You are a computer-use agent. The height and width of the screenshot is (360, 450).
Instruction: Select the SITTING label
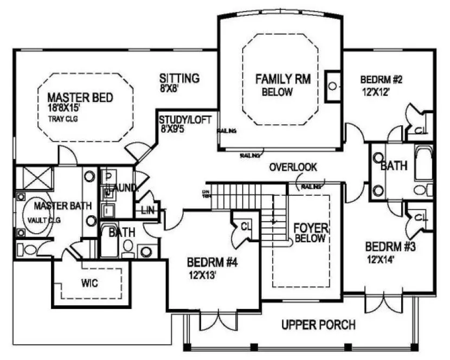[179, 78]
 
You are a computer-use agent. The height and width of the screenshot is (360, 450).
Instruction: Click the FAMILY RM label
[282, 80]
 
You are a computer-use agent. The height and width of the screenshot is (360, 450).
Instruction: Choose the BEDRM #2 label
[382, 80]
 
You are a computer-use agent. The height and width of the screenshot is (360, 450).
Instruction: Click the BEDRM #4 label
[213, 263]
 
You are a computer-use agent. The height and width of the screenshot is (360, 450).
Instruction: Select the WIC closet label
[89, 283]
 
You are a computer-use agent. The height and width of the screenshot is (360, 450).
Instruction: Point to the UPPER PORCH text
[318, 325]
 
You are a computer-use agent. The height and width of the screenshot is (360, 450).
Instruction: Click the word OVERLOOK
[293, 167]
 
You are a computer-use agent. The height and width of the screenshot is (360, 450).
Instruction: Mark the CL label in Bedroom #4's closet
[245, 225]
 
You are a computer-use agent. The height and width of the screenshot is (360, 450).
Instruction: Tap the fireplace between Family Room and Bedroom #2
[332, 86]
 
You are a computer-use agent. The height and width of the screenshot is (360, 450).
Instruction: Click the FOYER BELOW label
[309, 233]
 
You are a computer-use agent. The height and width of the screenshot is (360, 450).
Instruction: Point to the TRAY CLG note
[63, 119]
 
